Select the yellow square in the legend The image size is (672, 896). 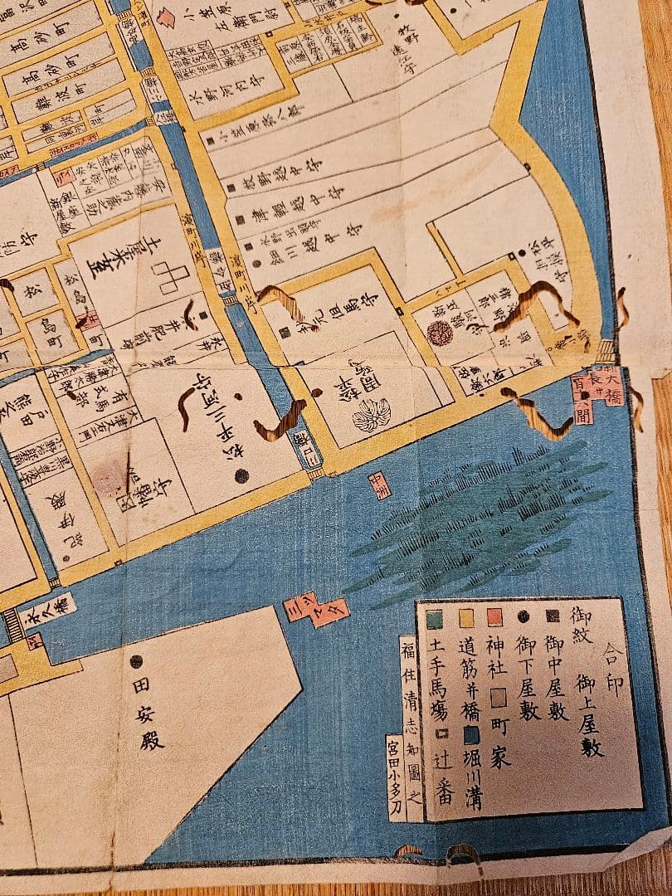pos(466,619)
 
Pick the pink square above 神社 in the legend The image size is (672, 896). pos(495,618)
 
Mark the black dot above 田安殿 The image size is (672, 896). pos(136,661)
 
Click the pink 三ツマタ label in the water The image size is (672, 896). pos(318,610)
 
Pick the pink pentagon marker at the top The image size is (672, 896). pos(167,16)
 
